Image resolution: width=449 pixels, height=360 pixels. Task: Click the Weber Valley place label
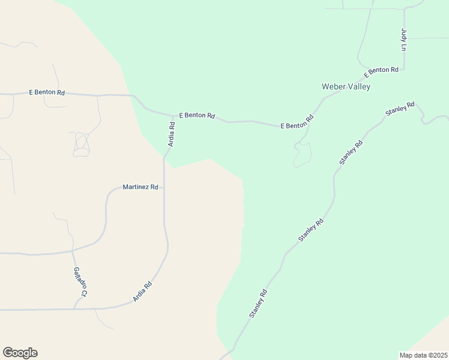[346, 86]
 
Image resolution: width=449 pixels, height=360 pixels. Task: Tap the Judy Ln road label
[404, 40]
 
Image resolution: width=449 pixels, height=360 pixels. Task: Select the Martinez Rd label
[140, 187]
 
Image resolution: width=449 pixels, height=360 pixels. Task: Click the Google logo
[20, 353]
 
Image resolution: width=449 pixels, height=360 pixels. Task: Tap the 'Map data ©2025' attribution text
[423, 355]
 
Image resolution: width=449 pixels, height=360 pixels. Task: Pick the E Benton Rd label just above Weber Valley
[381, 71]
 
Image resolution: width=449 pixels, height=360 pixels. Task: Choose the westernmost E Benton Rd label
[47, 93]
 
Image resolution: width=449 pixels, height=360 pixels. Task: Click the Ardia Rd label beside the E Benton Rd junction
[171, 135]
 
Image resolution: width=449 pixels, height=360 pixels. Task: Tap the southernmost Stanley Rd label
[258, 304]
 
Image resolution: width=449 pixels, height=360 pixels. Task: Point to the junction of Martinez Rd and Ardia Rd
[164, 187]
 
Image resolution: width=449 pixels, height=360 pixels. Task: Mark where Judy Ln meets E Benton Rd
[404, 69]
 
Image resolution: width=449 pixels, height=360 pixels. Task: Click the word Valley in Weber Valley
[358, 86]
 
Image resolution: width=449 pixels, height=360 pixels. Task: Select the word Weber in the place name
[333, 86]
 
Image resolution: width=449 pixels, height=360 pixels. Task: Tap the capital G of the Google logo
[8, 353]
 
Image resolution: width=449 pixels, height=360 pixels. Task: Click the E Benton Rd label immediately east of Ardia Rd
[197, 115]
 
